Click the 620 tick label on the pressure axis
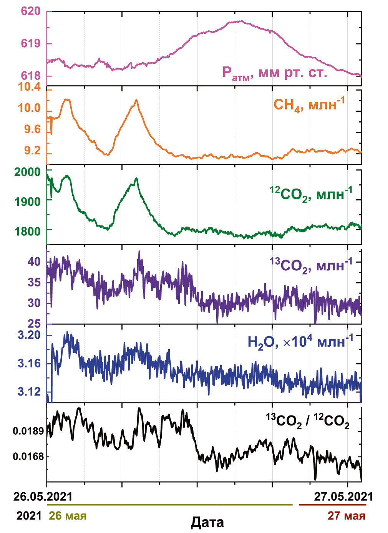[x=31, y=11]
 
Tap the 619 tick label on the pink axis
[x=31, y=43]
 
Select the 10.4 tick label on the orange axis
[x=29, y=87]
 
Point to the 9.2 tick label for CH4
[x=32, y=150]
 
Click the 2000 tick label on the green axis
[x=27, y=172]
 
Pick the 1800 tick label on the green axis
[x=27, y=231]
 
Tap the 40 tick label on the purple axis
[x=34, y=262]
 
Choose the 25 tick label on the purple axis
[x=34, y=324]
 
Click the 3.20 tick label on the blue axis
[x=29, y=335]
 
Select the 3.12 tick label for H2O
[x=29, y=391]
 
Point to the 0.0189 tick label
[x=28, y=431]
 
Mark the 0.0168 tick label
[x=28, y=457]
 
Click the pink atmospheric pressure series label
[x=275, y=73]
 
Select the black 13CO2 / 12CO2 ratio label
[x=308, y=421]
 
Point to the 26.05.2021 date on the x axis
[x=43, y=497]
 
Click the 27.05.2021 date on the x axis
[x=343, y=497]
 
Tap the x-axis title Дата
[x=207, y=522]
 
